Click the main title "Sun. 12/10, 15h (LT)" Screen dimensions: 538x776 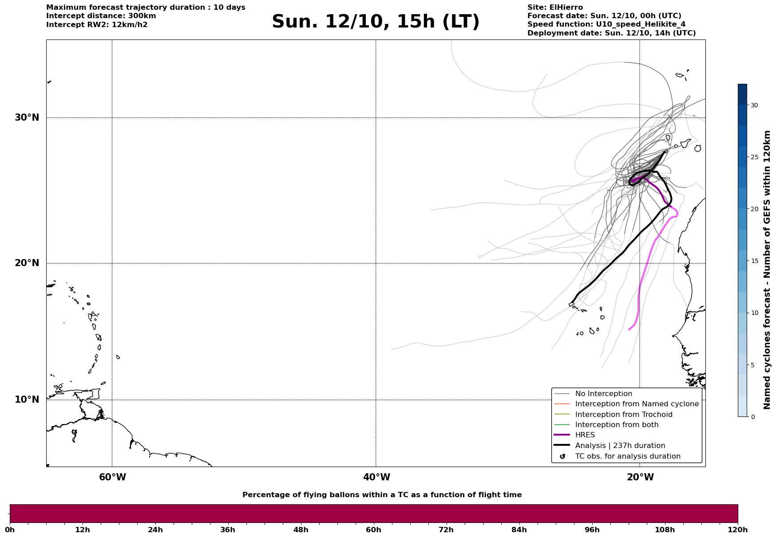[376, 22]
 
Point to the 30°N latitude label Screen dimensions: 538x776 [27, 118]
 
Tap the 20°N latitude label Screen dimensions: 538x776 [27, 263]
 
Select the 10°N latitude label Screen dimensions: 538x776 [27, 400]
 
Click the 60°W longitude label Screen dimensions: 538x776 [112, 477]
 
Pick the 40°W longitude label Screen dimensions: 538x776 [376, 477]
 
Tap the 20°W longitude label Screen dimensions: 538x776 [640, 477]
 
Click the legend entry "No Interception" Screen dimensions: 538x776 [603, 394]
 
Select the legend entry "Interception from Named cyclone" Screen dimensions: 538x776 [637, 404]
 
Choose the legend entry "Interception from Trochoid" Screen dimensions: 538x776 [623, 415]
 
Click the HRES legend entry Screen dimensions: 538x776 [585, 435]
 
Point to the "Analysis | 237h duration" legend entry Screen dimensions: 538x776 [620, 446]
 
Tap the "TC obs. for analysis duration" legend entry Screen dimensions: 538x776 [627, 456]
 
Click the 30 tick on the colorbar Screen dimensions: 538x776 [754, 105]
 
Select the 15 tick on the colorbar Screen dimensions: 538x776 [754, 261]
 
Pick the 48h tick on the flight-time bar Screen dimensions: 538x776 [301, 530]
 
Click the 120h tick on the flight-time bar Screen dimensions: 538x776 [738, 530]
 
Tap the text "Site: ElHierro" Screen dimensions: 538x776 [555, 8]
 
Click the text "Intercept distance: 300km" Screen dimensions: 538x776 [101, 16]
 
